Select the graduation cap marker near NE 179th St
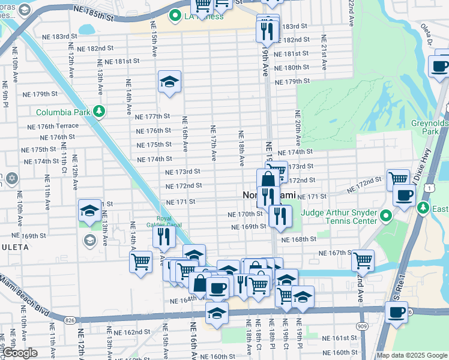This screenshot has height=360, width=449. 170,82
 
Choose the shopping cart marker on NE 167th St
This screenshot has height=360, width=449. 363,260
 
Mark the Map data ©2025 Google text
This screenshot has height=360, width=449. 411,355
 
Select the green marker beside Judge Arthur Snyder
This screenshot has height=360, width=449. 387,215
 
